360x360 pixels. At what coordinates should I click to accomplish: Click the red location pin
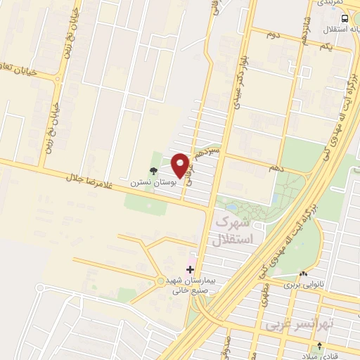click(x=180, y=165)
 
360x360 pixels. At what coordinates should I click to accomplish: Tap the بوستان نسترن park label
click(x=146, y=182)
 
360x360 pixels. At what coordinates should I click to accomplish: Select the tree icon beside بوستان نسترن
click(x=154, y=170)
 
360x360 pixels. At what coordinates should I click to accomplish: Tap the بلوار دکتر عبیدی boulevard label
click(x=235, y=92)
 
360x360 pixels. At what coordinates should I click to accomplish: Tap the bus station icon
click(x=344, y=18)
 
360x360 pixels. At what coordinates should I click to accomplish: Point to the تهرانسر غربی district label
click(x=290, y=326)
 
